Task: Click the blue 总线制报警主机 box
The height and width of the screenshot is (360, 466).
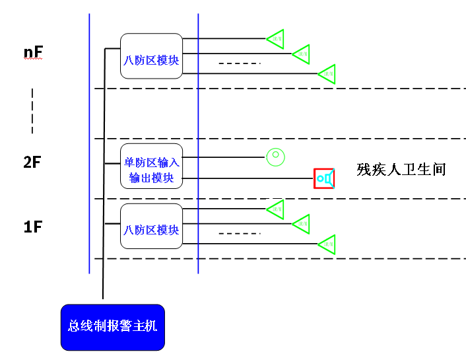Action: (112, 326)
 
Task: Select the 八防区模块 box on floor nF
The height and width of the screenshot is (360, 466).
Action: (151, 60)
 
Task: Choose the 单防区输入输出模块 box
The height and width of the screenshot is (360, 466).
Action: (151, 169)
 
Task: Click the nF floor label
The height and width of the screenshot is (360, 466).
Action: (32, 52)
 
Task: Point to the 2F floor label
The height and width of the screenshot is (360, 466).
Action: (32, 162)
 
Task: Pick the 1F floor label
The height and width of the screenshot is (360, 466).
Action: (33, 227)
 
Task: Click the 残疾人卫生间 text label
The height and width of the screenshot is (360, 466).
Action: (401, 170)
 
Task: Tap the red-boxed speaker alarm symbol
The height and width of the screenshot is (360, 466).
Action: (324, 178)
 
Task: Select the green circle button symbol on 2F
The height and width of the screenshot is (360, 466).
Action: (275, 157)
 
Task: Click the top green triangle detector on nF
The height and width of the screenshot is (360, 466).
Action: (276, 39)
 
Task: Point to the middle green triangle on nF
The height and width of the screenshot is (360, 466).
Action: (302, 54)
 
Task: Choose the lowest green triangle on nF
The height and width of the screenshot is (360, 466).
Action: (327, 74)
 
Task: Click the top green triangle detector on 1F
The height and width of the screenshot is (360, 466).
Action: (276, 209)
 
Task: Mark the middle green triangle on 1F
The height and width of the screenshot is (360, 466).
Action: (302, 224)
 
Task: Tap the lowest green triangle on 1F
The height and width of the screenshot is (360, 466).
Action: (327, 244)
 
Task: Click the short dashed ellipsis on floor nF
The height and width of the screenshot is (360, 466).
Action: (240, 63)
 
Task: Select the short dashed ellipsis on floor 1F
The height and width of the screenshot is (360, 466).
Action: (240, 234)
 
